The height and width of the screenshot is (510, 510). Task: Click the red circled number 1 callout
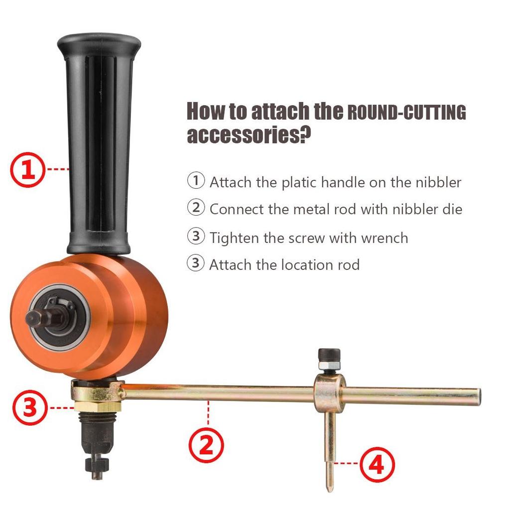click(x=28, y=169)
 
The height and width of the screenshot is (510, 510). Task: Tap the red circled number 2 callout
click(x=206, y=444)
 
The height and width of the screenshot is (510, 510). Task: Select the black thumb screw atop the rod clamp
click(x=329, y=354)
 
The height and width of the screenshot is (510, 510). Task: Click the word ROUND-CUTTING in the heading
click(x=406, y=113)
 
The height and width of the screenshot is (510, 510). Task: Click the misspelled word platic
click(x=300, y=182)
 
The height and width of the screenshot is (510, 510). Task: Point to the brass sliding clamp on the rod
click(x=329, y=392)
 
